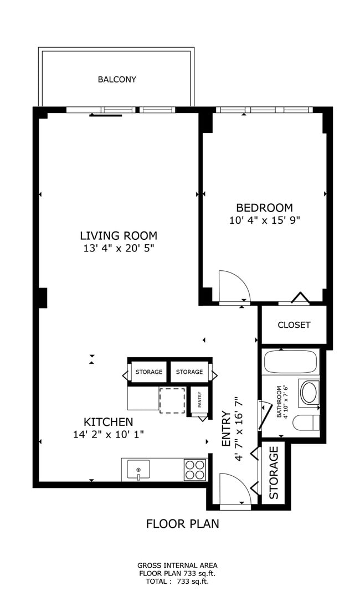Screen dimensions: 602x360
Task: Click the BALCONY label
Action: coord(117,80)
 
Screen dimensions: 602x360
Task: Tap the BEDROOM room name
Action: coord(264,208)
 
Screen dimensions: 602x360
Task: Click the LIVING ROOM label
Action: coord(118,235)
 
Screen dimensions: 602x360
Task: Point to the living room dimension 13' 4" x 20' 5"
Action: coord(118,248)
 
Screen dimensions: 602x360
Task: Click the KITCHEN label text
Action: coord(108,421)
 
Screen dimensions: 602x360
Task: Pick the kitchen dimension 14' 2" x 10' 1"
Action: coord(108,434)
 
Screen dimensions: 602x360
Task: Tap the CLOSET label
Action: coord(294,325)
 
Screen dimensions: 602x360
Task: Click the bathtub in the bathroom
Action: coord(290,362)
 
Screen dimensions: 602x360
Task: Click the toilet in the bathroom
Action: coord(307,422)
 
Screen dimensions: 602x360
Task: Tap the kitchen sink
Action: coord(138,470)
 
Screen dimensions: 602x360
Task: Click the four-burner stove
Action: coord(194,470)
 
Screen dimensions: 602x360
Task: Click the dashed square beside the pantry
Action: coord(172,400)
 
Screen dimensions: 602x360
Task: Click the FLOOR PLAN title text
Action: coord(182,523)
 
